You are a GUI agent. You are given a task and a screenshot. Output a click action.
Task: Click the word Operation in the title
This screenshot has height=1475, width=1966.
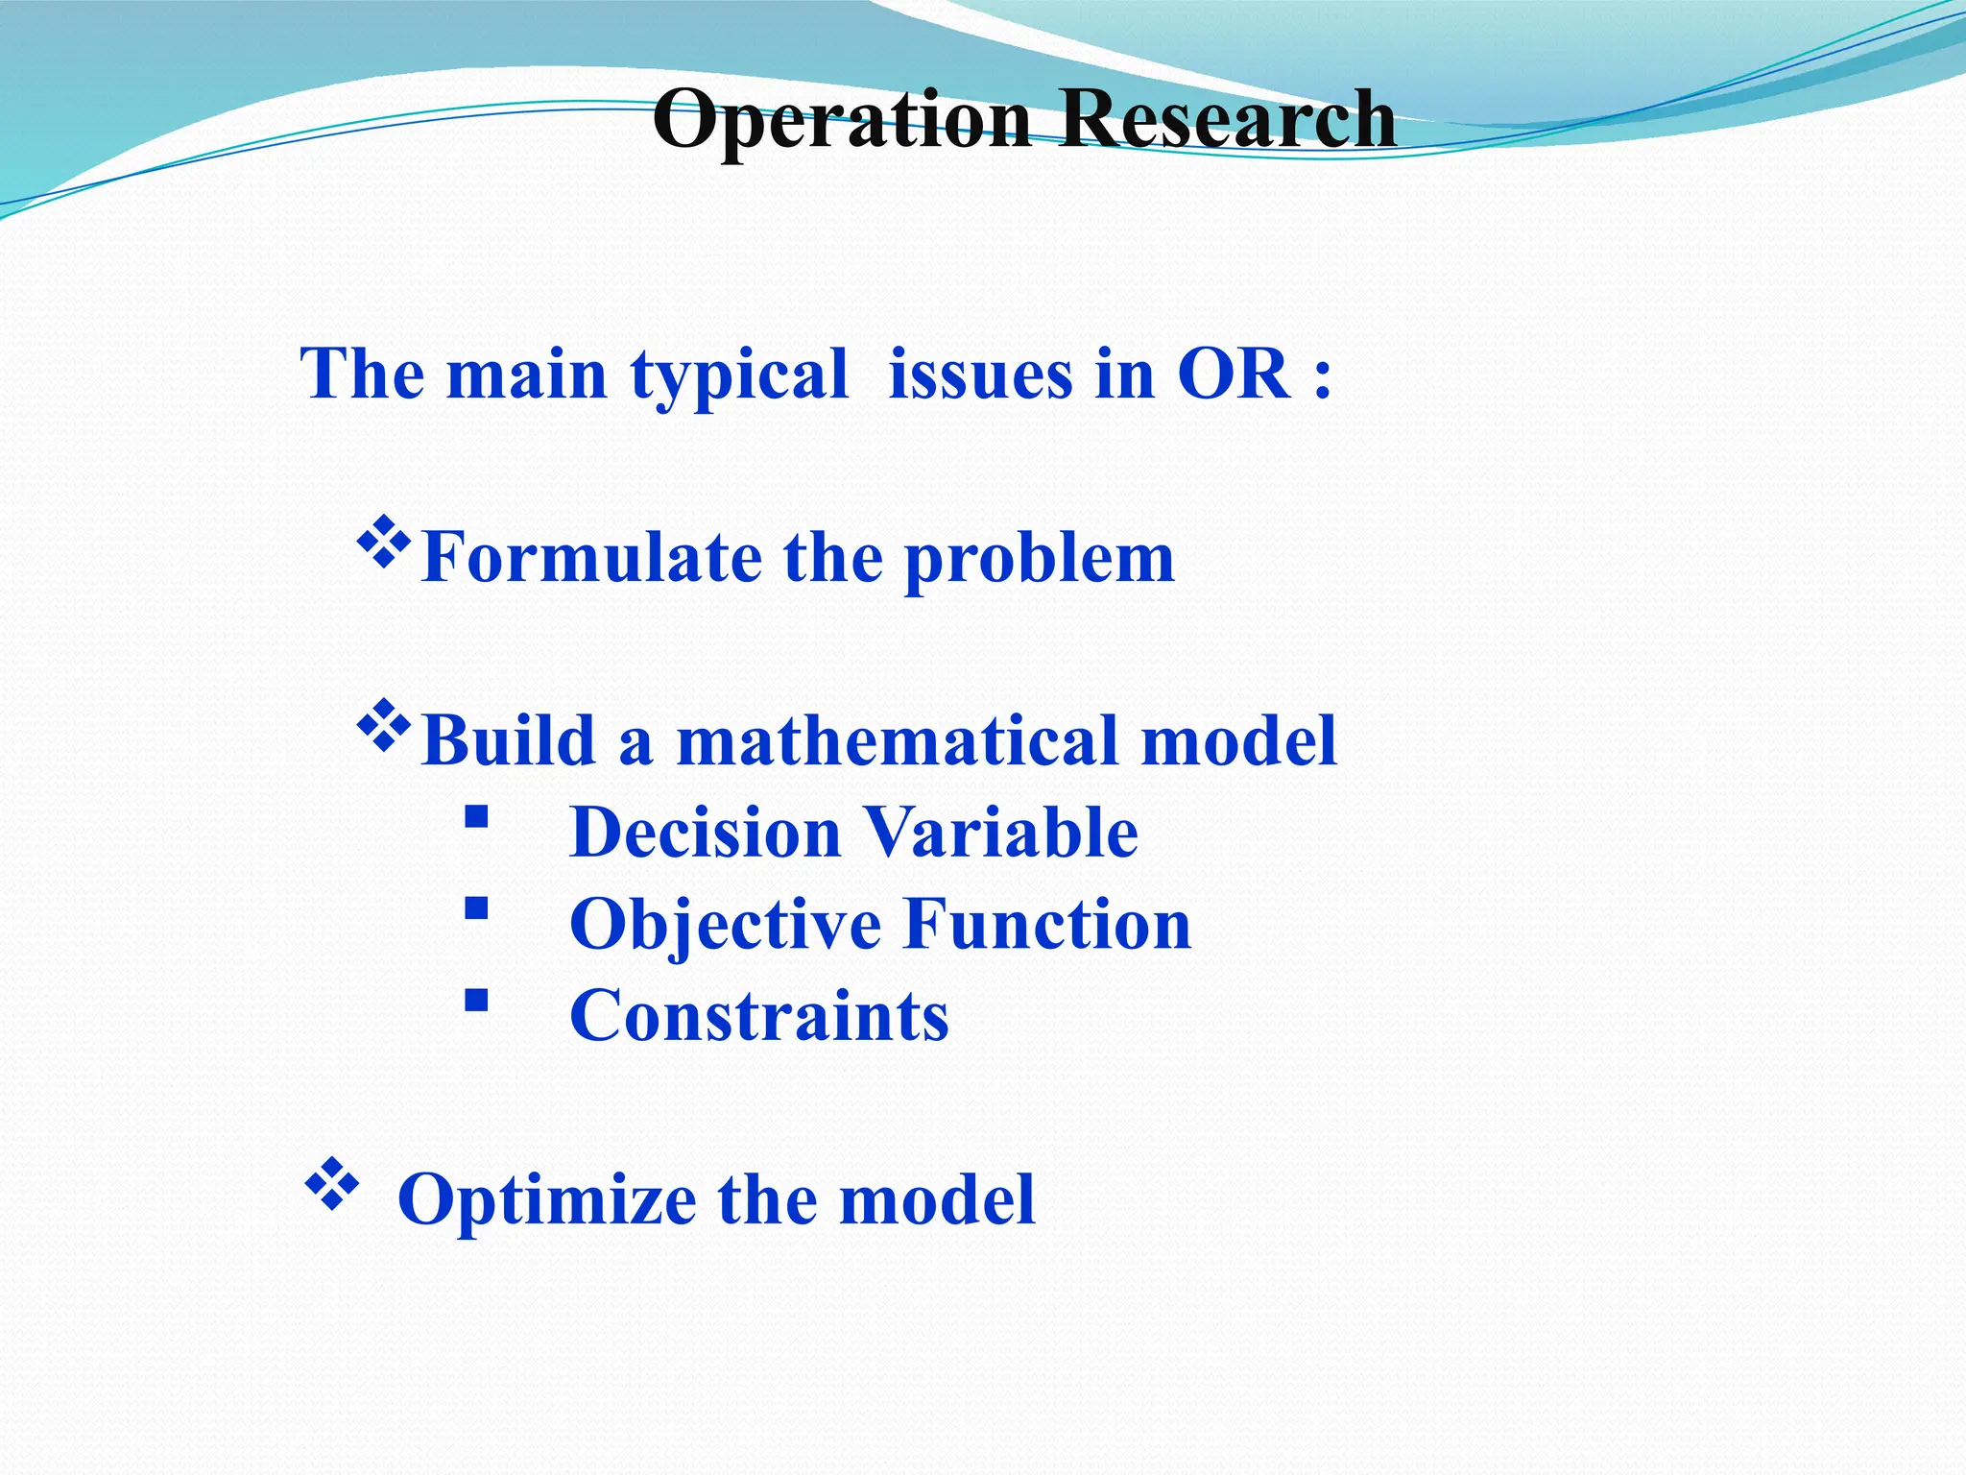click(x=841, y=120)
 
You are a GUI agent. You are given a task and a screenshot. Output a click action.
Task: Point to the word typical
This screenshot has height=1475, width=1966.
click(x=739, y=376)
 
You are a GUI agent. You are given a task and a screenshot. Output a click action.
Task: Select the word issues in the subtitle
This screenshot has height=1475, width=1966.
click(x=979, y=375)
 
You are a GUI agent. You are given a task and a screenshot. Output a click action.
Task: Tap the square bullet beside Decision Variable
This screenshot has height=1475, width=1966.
click(x=476, y=817)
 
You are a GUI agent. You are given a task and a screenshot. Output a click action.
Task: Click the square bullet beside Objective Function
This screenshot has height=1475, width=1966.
click(x=476, y=908)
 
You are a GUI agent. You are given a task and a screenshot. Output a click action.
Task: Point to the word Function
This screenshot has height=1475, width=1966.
click(x=1047, y=924)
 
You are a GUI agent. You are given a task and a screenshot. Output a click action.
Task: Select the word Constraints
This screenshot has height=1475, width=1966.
click(x=759, y=1016)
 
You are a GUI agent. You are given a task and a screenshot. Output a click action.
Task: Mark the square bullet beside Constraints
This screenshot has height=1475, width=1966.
click(x=476, y=1001)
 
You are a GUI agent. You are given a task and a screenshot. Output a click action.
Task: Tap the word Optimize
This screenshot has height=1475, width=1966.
click(x=547, y=1200)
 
